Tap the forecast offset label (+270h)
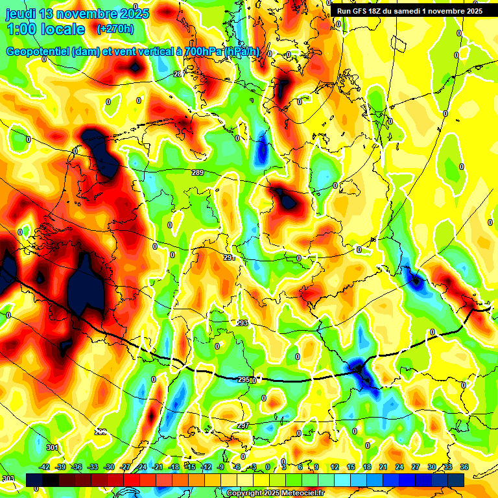pyautogui.click(x=115, y=29)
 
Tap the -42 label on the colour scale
pyautogui.click(x=45, y=468)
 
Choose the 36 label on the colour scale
pyautogui.click(x=464, y=468)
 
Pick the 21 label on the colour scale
pyautogui.click(x=383, y=468)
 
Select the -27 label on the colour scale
pyautogui.click(x=125, y=468)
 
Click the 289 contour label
pyautogui.click(x=198, y=172)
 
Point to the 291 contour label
pyautogui.click(x=228, y=258)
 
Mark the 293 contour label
pyautogui.click(x=242, y=323)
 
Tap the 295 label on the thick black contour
pyautogui.click(x=244, y=380)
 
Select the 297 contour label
pyautogui.click(x=243, y=426)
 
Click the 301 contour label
pyautogui.click(x=53, y=447)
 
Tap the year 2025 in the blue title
pyautogui.click(x=130, y=13)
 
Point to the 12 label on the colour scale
pyautogui.click(x=335, y=468)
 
